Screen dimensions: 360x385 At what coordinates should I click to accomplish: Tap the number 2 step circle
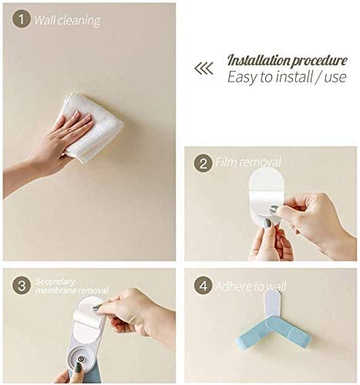pos(203,163)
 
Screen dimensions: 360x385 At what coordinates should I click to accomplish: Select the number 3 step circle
pos(22,285)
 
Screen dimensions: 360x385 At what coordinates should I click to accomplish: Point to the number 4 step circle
pos(203,285)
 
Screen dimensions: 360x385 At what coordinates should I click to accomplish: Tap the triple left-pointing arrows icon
pos(204,69)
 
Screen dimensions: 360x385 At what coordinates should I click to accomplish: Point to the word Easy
pos(242,77)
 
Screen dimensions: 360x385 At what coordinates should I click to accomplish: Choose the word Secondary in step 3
pos(56,282)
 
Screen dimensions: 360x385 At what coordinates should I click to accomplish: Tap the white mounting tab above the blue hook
pos(273,303)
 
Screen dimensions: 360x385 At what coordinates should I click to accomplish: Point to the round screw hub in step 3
pos(80,359)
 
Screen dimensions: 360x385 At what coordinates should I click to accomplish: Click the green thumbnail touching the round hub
pos(78,368)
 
